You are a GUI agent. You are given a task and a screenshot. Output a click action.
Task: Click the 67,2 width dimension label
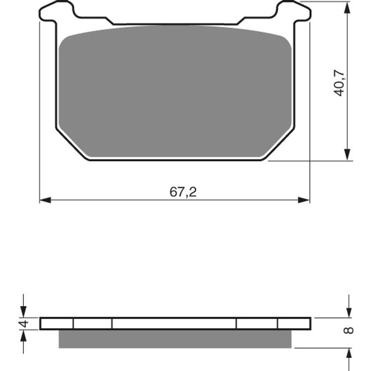(x=183, y=192)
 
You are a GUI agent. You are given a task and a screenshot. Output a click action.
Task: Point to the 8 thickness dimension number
(x=348, y=330)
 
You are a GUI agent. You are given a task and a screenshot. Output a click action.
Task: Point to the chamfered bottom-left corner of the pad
(x=73, y=144)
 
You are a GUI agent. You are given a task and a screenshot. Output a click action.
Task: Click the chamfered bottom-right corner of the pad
(x=278, y=144)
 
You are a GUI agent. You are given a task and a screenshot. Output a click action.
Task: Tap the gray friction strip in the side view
(x=175, y=339)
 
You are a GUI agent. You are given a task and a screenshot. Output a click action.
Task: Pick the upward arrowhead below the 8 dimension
(x=349, y=352)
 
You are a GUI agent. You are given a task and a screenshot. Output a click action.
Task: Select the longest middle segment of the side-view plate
(x=174, y=323)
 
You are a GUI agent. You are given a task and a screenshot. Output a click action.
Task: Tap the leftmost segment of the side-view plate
(x=57, y=323)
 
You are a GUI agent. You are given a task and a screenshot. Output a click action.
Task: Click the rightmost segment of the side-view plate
(x=294, y=323)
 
